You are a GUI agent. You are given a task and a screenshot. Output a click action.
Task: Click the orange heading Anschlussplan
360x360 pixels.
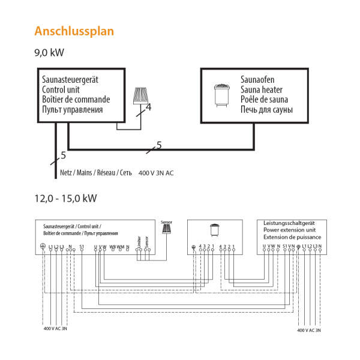point(74,30)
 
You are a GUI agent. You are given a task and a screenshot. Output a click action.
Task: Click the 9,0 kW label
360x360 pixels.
point(49,53)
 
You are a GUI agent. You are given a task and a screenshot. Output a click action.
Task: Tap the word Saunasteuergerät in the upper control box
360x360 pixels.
point(70,79)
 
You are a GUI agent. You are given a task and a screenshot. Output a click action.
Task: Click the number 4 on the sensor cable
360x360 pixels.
point(148,107)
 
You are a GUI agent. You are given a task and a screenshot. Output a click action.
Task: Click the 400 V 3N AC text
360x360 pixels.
point(156,173)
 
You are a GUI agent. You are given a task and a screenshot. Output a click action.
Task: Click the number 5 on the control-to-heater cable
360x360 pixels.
point(158,145)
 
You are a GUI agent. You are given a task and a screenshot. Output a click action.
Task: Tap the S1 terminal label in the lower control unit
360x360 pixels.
point(82,247)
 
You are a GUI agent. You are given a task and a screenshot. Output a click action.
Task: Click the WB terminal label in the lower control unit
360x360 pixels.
point(112,247)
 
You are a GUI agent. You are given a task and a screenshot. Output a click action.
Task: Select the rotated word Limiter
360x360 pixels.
point(139,242)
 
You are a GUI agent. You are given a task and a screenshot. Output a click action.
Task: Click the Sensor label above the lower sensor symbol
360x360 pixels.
point(166,221)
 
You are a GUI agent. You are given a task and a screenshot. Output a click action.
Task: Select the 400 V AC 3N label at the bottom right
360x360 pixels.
point(310,330)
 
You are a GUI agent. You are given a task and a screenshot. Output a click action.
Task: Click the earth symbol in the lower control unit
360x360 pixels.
point(43,247)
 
